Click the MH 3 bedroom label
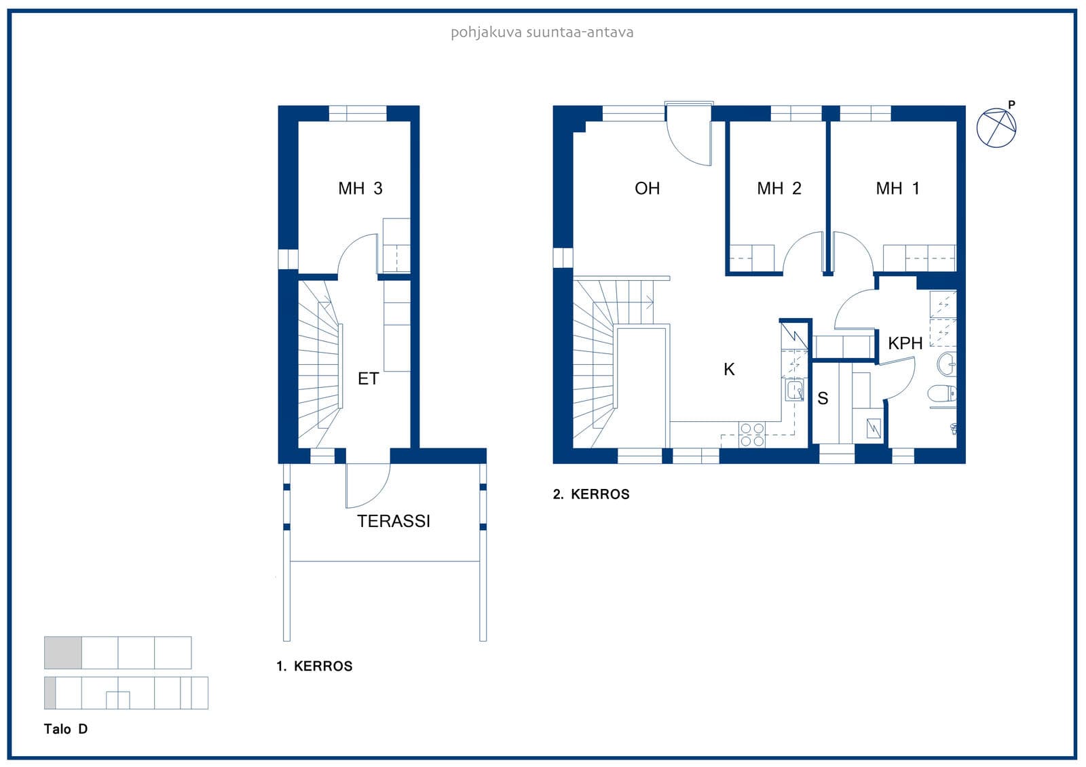360,188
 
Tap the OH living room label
647,188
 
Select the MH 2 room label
779,188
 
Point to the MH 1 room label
897,188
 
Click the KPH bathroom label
905,343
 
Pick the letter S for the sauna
822,398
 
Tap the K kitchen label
729,369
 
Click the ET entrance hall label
368,378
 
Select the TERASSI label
393,521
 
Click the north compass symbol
996,127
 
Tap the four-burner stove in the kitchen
752,435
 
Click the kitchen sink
794,389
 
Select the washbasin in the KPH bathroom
946,364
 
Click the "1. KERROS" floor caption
314,666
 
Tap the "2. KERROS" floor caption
591,494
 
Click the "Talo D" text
65,729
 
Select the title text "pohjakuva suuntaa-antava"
542,33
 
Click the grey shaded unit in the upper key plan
63,652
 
